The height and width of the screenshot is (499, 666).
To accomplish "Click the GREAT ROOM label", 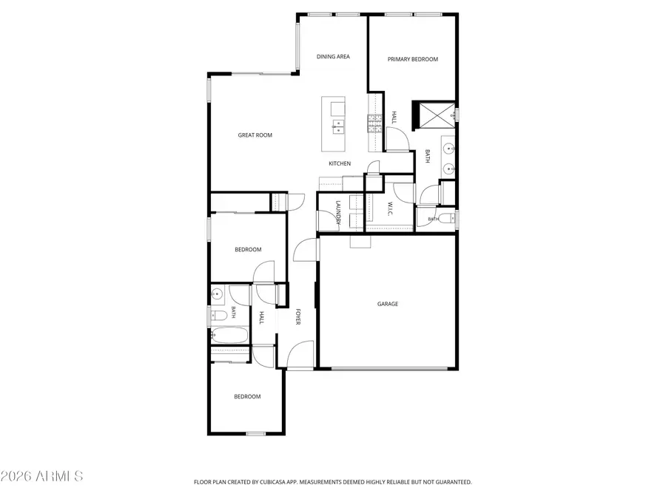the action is point(255,135).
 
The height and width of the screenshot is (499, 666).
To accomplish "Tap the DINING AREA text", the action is point(333,56).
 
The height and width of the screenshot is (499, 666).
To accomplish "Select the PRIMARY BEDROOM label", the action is point(412,59).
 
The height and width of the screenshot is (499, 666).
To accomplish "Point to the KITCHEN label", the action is point(340,163).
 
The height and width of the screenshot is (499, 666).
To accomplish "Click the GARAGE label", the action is point(388,304).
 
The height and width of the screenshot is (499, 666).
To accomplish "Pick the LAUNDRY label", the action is point(338,212).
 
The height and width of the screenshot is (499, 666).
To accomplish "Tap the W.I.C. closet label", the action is point(390,208).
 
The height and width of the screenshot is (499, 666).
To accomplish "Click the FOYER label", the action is point(298,317).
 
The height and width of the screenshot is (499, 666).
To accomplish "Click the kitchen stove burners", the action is point(375,123).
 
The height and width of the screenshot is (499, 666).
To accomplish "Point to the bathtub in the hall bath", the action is point(229,335).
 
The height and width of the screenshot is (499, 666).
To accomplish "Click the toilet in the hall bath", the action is point(219,315).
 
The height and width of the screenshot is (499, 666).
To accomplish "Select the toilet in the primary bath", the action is point(446,218).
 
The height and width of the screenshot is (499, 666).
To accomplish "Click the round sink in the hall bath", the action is point(218,293).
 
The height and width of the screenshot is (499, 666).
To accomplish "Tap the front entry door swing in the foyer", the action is point(300,354).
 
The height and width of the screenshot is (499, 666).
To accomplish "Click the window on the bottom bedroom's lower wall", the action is point(256,434).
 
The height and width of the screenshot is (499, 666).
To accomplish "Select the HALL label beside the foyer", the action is point(262,317).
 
